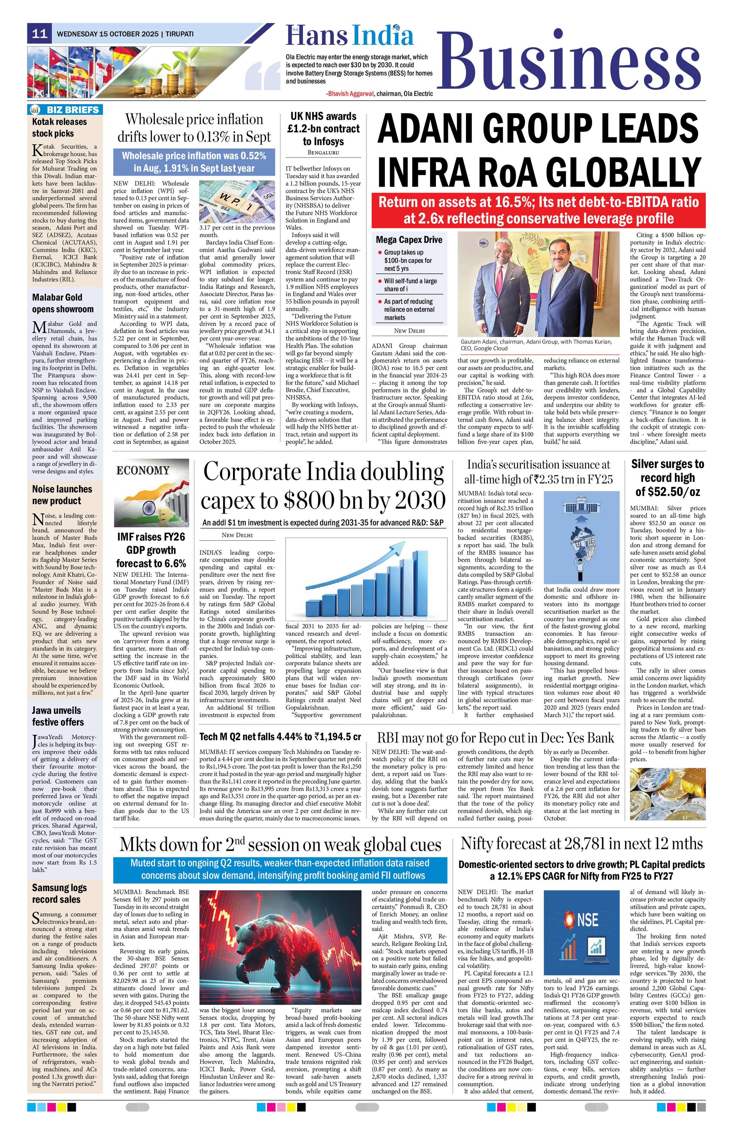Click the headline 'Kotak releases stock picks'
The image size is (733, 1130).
pyautogui.click(x=59, y=127)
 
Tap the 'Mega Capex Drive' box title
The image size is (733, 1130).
pyautogui.click(x=409, y=240)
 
